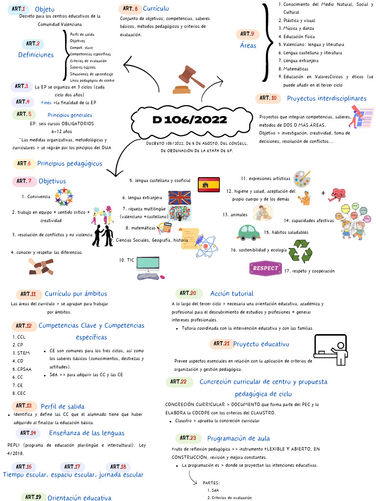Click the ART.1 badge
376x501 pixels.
coord(19,9)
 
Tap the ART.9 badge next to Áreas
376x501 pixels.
coord(246,34)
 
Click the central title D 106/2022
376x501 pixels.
coord(189,120)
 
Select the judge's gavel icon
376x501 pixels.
coord(189,79)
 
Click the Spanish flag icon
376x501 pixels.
coord(209,184)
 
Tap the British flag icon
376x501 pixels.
coord(179,198)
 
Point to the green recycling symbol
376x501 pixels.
coord(300,251)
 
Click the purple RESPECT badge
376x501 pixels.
coord(265,268)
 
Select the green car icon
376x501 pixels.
coord(249,232)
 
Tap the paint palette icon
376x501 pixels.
coord(302,179)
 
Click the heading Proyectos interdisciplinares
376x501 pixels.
coord(327,98)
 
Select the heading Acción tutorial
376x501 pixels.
coord(232,294)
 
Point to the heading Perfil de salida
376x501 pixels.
coord(62,407)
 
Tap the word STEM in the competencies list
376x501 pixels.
coord(23,353)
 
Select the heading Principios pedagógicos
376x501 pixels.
coord(70,163)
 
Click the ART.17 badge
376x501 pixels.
coord(71,467)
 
